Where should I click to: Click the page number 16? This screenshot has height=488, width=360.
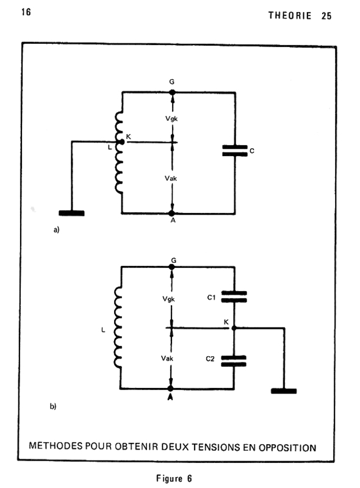click(26, 12)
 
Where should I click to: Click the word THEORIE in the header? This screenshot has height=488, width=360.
click(290, 16)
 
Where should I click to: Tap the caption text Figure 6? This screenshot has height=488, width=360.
click(174, 478)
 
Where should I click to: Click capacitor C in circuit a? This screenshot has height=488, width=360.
click(235, 151)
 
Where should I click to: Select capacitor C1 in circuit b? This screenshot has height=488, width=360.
click(234, 296)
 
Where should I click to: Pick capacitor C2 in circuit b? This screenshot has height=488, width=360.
click(234, 361)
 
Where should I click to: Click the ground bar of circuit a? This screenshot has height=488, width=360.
click(71, 213)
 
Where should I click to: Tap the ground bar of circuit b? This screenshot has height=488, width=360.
click(284, 391)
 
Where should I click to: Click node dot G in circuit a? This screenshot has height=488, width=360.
click(172, 93)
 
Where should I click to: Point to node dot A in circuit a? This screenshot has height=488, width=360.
click(171, 213)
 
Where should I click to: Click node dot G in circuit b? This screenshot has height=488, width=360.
click(171, 267)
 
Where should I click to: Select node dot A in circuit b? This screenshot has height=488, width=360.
click(170, 389)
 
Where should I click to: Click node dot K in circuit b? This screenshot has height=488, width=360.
click(234, 328)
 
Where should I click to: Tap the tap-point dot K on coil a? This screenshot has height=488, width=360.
click(122, 142)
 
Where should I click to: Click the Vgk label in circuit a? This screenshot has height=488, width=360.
click(171, 118)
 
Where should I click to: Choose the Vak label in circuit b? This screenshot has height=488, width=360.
click(167, 359)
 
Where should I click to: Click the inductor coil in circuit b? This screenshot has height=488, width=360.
click(118, 328)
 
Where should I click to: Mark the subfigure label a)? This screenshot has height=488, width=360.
click(56, 230)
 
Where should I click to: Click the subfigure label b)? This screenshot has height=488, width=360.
click(53, 406)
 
